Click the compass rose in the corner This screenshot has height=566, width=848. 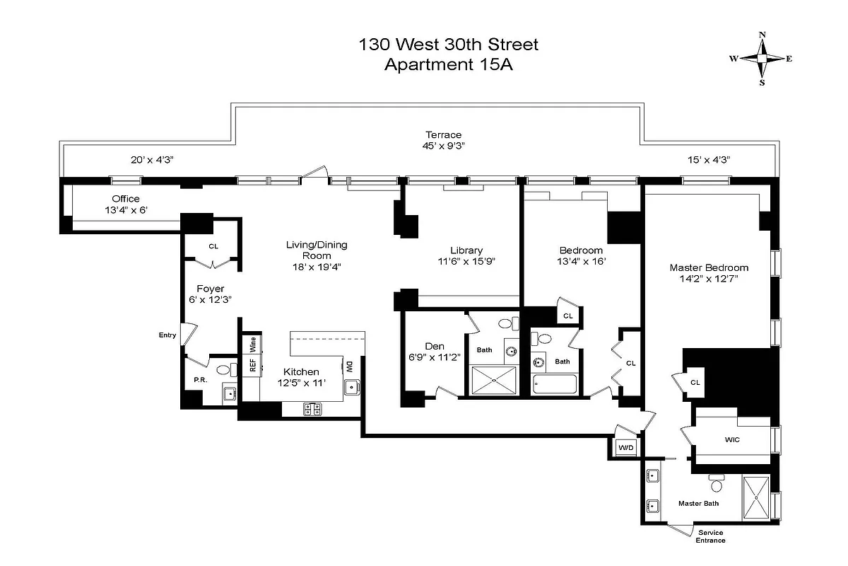tap(762, 59)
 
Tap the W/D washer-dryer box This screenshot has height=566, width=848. tap(625, 448)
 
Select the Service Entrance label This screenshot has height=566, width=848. tap(710, 536)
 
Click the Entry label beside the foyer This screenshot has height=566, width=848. tap(167, 335)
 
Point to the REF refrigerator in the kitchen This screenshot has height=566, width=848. tap(252, 365)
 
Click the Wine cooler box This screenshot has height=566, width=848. tap(252, 345)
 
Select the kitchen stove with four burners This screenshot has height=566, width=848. tap(312, 408)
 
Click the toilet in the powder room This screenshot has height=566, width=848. tap(223, 369)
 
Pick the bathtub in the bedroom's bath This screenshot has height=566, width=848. tap(555, 384)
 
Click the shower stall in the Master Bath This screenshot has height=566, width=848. tap(755, 499)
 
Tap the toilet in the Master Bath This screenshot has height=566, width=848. tap(717, 485)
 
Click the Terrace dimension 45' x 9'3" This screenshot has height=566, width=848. tap(443, 146)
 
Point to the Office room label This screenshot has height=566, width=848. tap(126, 199)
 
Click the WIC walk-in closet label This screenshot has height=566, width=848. tap(732, 439)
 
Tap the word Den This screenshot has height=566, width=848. tap(434, 346)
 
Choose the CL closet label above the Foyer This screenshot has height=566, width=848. tap(213, 246)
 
